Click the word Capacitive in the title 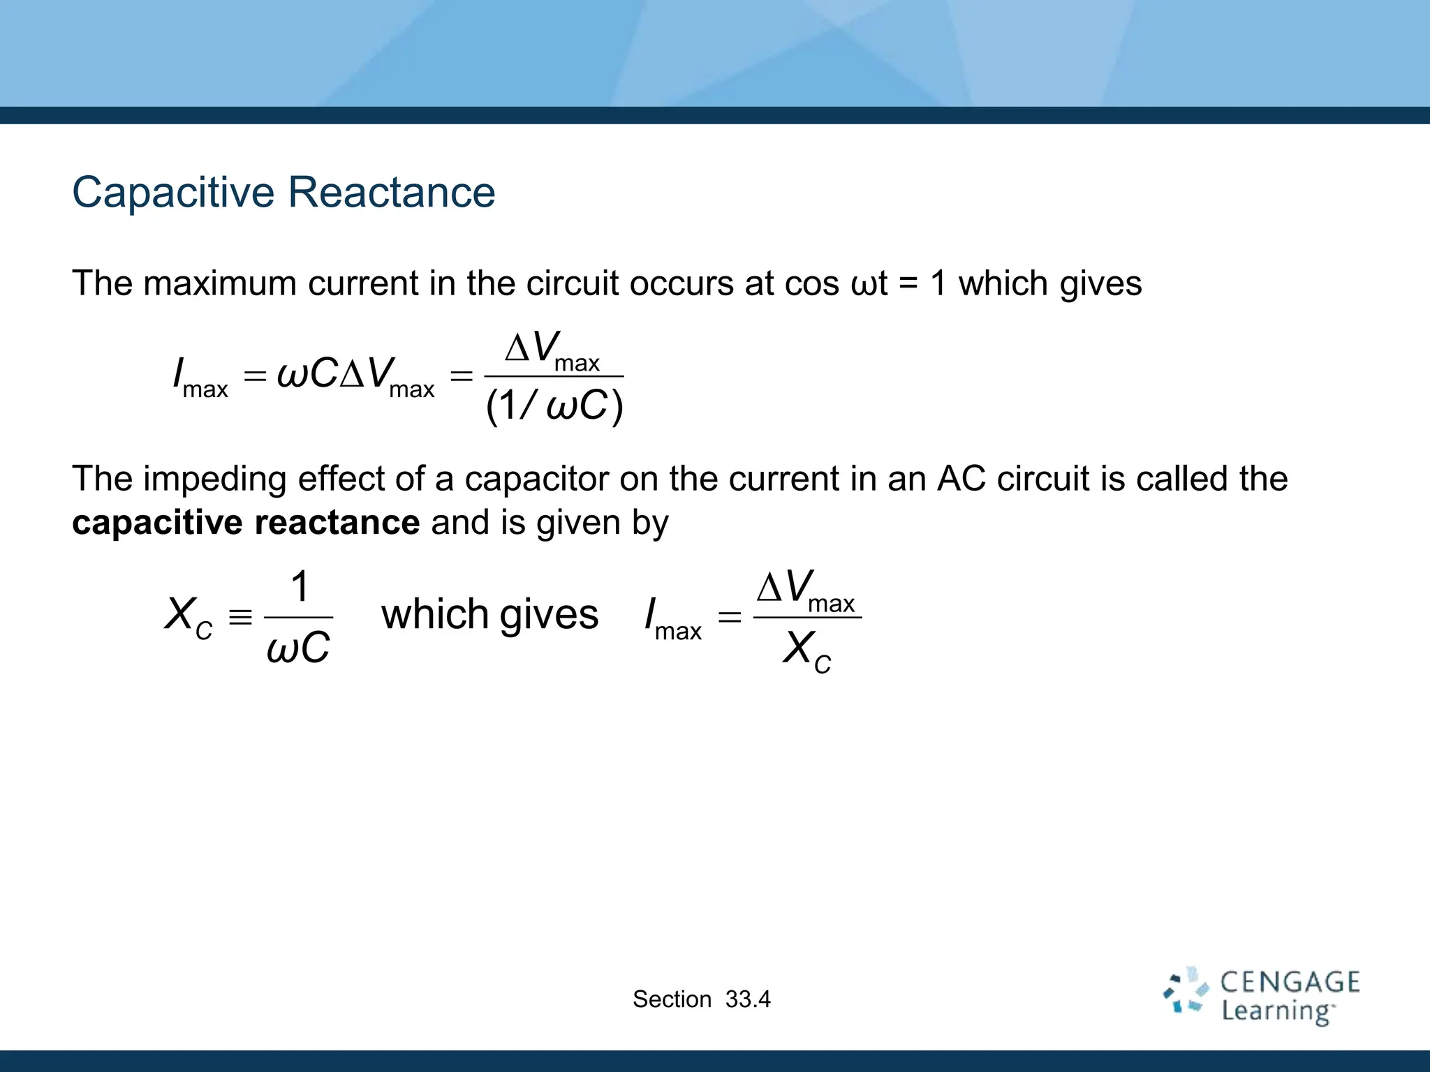(174, 193)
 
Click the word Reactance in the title (391, 193)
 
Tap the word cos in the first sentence (812, 284)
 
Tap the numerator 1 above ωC (300, 587)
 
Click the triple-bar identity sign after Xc (240, 617)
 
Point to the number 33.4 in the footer (748, 999)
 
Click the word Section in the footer (672, 999)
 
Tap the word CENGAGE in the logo (1290, 983)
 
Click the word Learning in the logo (1276, 1011)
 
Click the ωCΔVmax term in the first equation (355, 375)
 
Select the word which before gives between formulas (434, 615)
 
